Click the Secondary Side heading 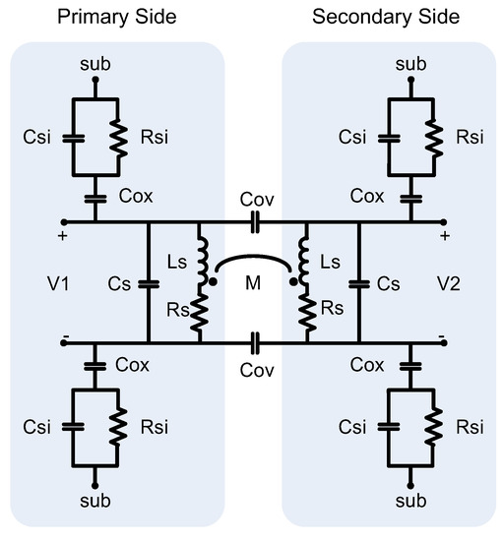click(385, 18)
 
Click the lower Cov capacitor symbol click(254, 343)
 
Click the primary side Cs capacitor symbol click(148, 283)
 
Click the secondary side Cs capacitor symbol click(359, 283)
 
